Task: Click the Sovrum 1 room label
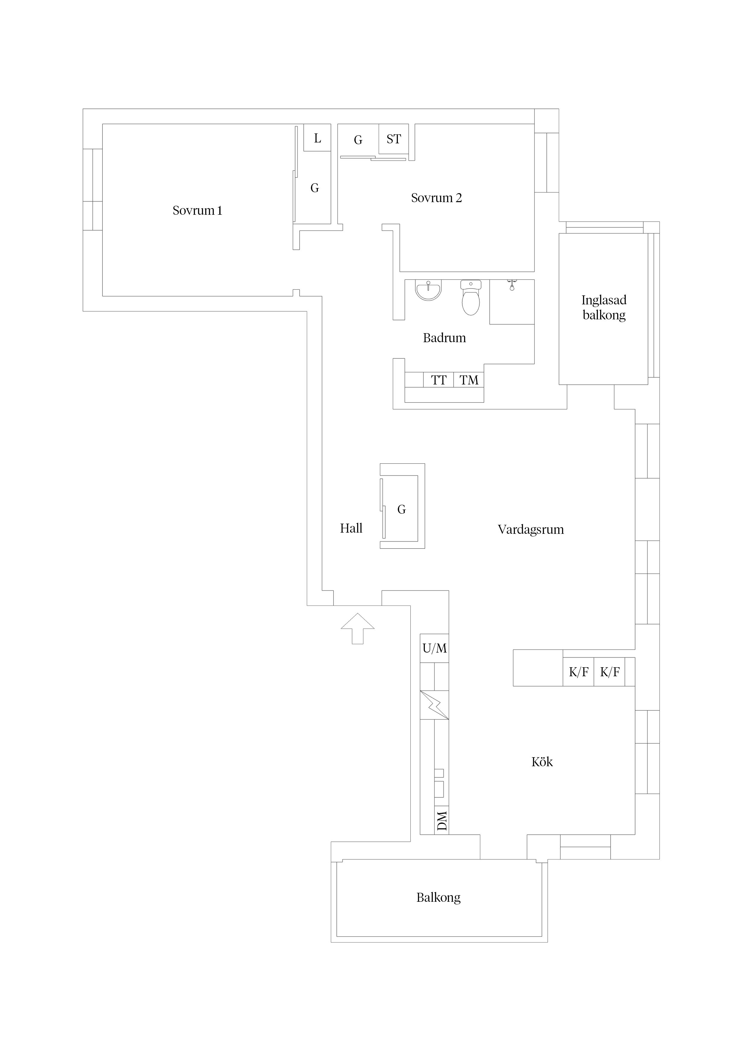point(197,210)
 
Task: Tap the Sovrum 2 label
point(436,198)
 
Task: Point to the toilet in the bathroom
point(471,298)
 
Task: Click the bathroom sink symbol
point(428,291)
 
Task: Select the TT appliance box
point(439,380)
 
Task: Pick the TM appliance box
point(469,380)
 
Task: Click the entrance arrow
point(357,628)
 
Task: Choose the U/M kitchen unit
point(434,648)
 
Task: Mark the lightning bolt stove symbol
point(434,705)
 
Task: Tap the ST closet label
point(394,139)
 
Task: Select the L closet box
point(317,137)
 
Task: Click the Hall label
point(351,528)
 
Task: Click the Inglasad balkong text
point(604,307)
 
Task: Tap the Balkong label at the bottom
point(438,898)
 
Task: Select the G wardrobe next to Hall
point(401,509)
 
